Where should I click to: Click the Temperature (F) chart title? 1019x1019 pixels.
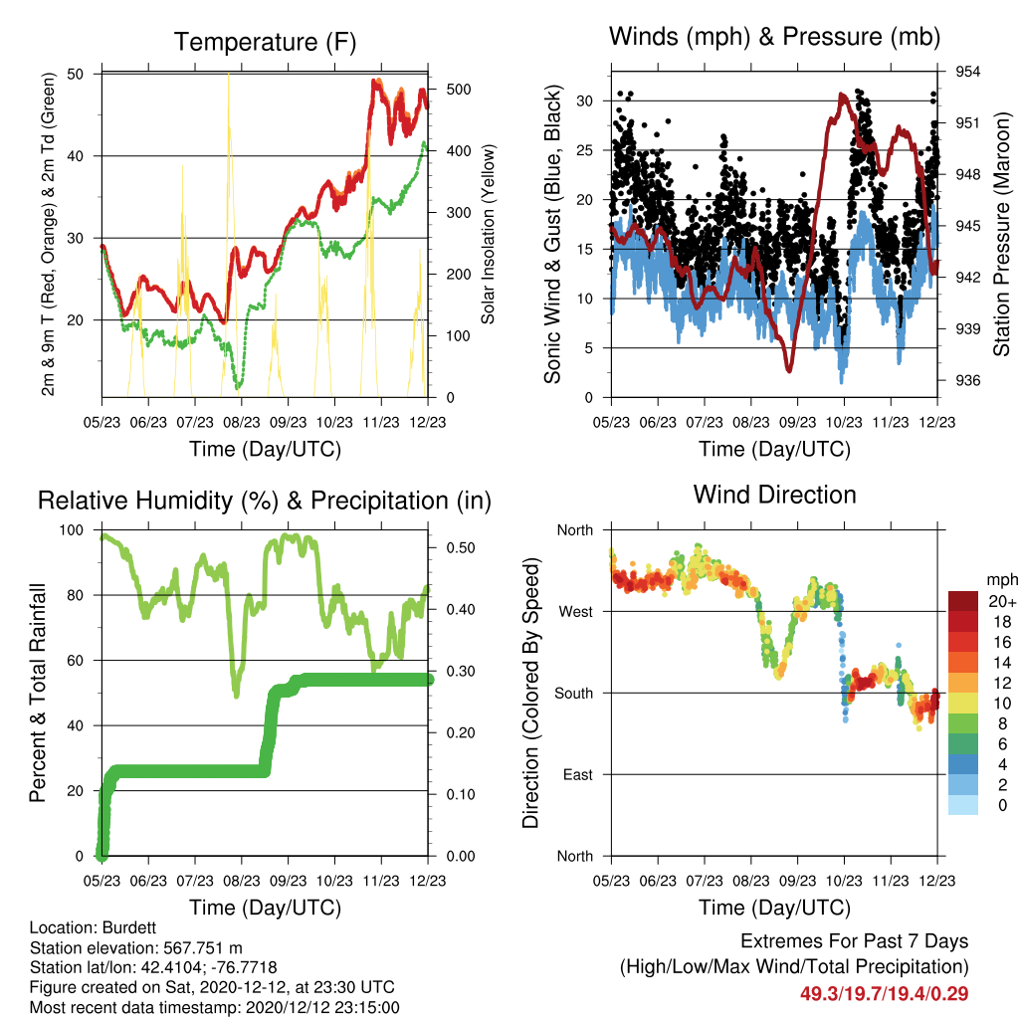coord(265,42)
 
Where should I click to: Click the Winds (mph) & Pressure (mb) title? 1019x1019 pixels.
coord(774,37)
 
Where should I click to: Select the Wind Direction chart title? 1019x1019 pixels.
coord(774,495)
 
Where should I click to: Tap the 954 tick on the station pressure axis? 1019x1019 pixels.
coord(967,72)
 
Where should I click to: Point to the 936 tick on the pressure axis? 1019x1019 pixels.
coord(967,380)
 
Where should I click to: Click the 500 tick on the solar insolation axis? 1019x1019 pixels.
coord(458,89)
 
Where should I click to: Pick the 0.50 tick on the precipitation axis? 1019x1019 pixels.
coord(461,548)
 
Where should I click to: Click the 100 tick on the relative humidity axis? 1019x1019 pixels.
coord(72,530)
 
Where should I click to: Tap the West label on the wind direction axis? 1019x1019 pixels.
coord(576,612)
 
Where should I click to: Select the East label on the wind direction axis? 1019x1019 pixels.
coord(578,774)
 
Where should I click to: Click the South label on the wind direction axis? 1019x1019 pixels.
coord(574,694)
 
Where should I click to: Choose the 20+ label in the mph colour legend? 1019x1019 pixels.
coord(1002,602)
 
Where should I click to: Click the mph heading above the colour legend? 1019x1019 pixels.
coord(1001,580)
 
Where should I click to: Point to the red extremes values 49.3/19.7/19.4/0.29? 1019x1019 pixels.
coord(884,994)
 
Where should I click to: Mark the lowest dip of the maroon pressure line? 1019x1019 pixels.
coord(789,370)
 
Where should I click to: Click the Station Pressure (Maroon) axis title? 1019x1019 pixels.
coord(1001,234)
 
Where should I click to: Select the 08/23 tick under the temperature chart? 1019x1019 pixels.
coord(242,422)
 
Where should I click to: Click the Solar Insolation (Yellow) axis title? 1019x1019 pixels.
coord(488,234)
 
